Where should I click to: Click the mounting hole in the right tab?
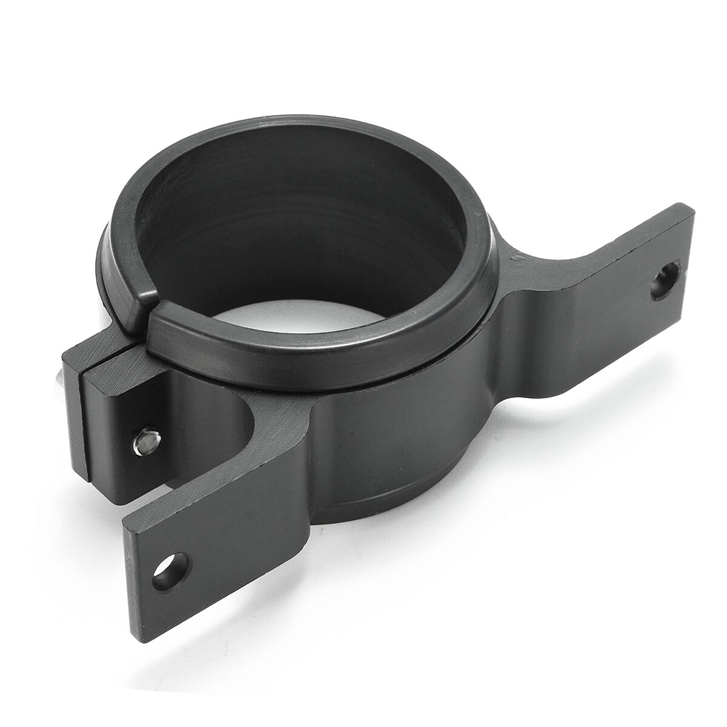[x=665, y=280]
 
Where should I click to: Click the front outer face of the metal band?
[x=388, y=448]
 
